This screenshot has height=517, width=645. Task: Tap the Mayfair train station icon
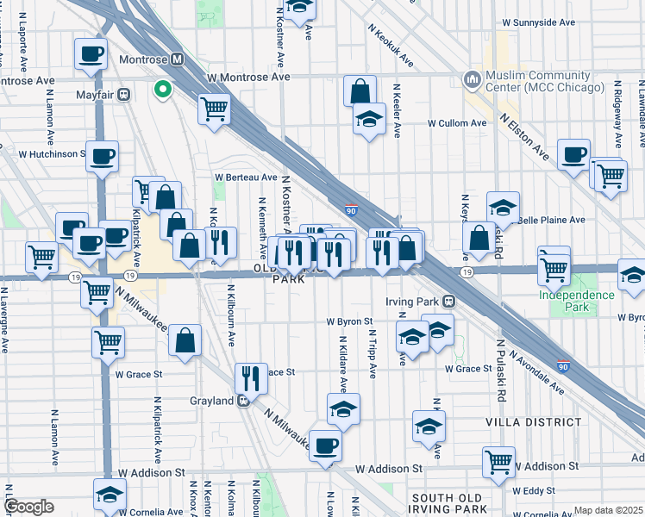click(x=124, y=93)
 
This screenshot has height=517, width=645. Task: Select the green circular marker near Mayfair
click(x=162, y=89)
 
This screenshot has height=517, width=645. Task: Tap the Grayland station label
click(x=211, y=401)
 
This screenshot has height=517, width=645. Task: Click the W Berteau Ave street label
click(x=247, y=178)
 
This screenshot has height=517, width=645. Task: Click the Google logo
click(x=28, y=507)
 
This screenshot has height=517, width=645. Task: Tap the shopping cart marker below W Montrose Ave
click(x=214, y=109)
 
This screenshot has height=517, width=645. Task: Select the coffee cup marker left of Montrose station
click(x=91, y=54)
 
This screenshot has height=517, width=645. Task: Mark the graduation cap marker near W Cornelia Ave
click(x=110, y=495)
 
